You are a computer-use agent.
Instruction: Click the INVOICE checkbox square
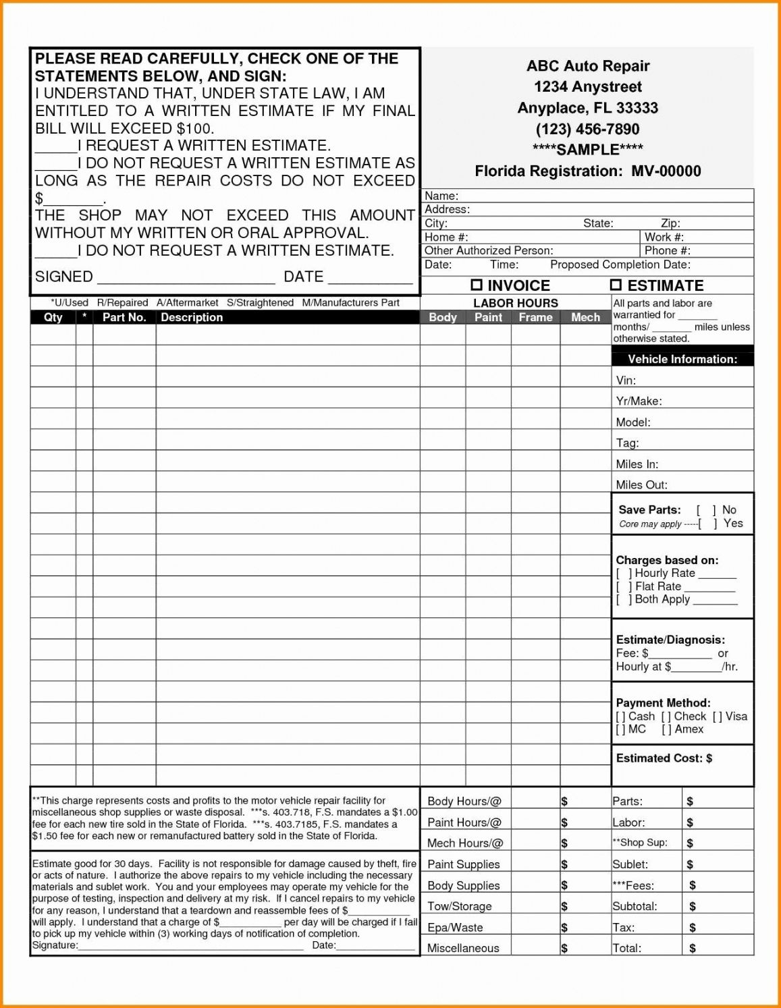(x=477, y=285)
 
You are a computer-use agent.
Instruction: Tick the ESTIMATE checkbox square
(x=616, y=285)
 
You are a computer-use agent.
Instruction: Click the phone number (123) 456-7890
(x=587, y=129)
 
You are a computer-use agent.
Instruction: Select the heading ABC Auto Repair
(x=587, y=66)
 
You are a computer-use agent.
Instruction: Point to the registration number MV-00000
(x=666, y=171)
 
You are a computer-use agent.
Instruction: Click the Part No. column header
(x=124, y=317)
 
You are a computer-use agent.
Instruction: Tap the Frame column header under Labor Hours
(x=535, y=317)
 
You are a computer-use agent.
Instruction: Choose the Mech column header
(x=585, y=317)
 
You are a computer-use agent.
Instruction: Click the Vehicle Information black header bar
(x=682, y=359)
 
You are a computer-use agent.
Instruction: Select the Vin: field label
(x=626, y=381)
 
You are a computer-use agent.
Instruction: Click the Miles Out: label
(x=641, y=485)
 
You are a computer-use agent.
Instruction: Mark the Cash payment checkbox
(x=621, y=717)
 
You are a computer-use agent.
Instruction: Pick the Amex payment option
(x=689, y=729)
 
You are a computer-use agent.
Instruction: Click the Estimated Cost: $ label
(x=664, y=758)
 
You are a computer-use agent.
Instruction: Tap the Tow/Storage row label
(x=459, y=907)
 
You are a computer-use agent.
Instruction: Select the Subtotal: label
(x=635, y=907)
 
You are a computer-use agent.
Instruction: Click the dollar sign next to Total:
(x=693, y=949)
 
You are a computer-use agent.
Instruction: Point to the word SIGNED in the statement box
(x=64, y=277)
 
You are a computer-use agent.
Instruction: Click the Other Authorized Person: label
(x=489, y=251)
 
